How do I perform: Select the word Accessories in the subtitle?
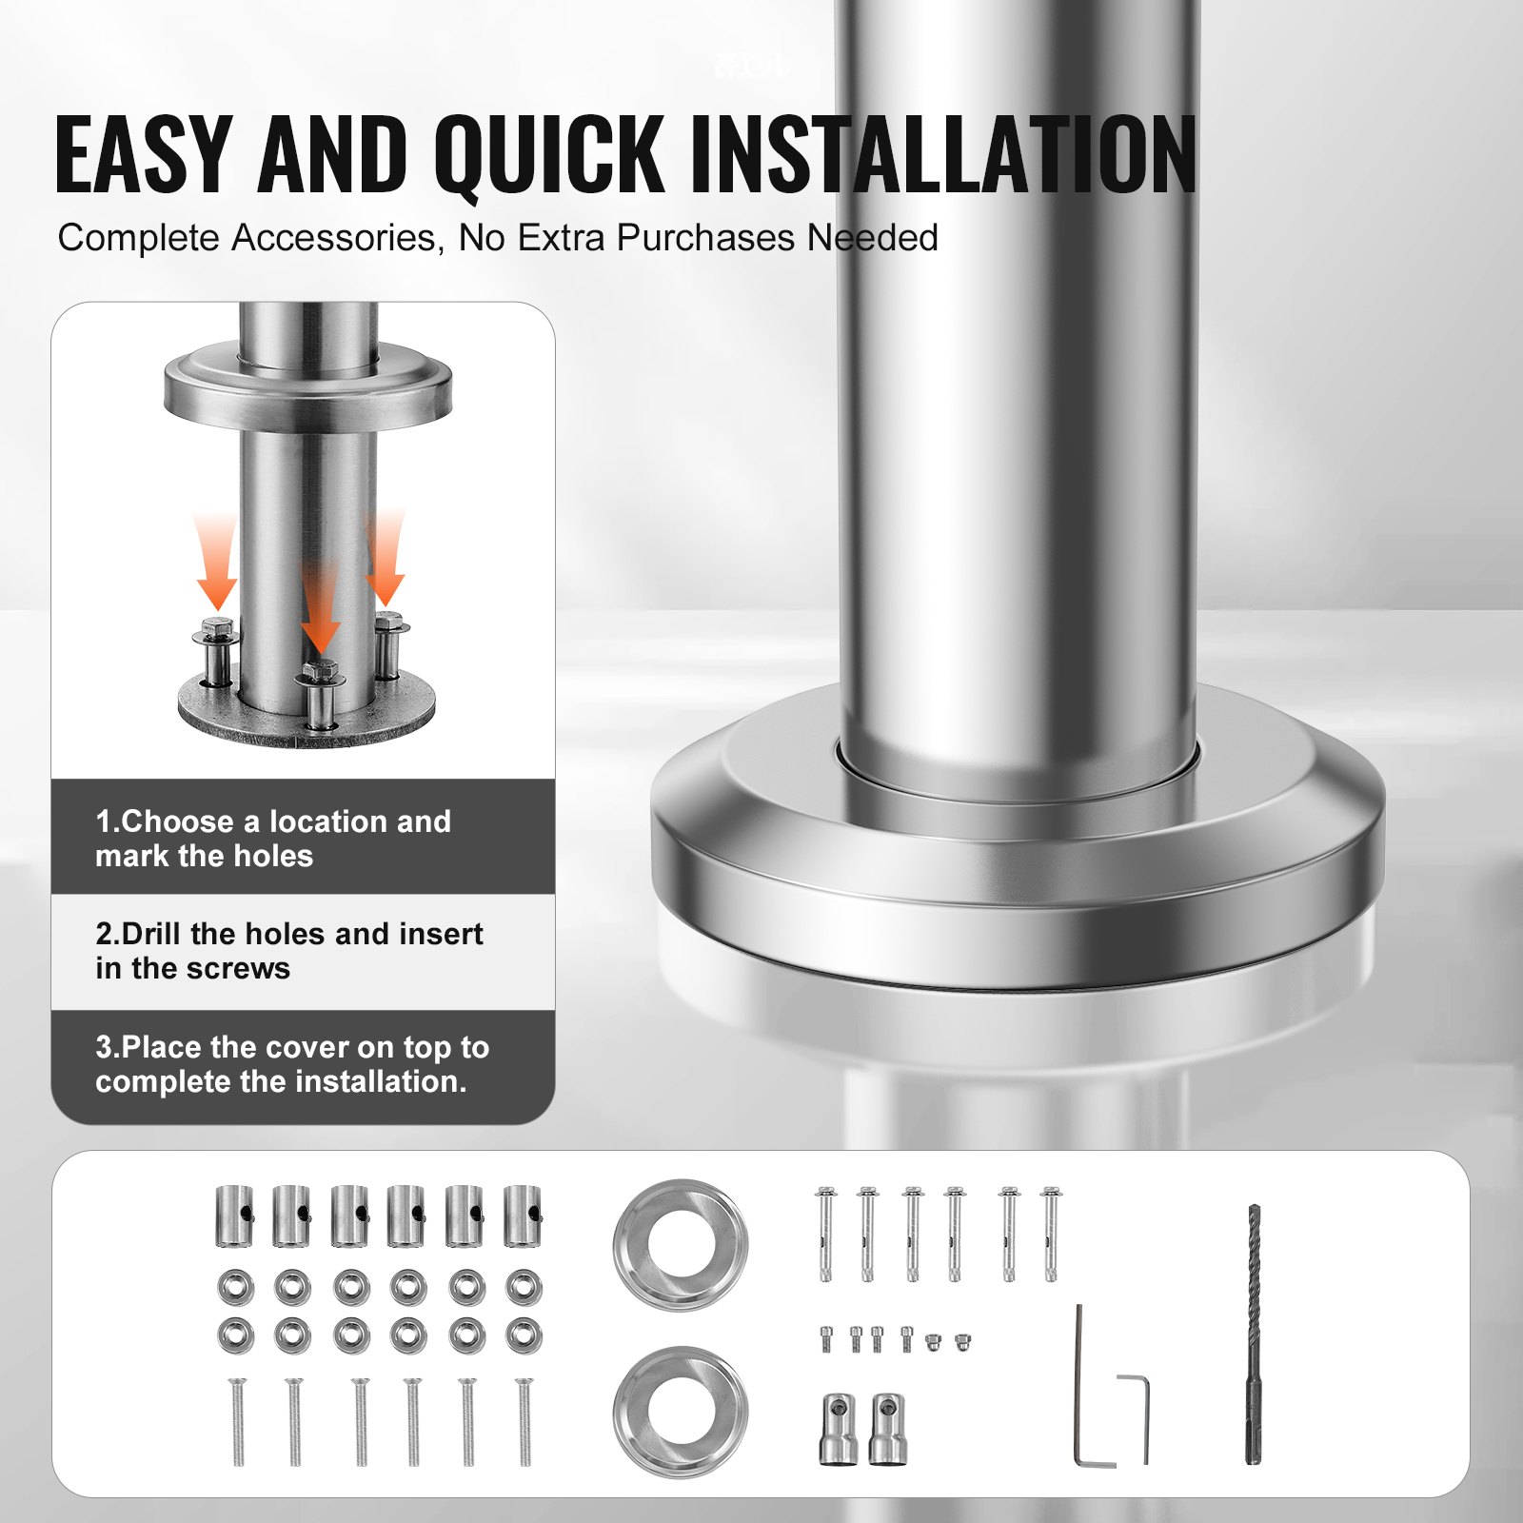(x=337, y=238)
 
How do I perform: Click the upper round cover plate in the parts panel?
(x=680, y=1244)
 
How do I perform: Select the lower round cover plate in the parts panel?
(x=680, y=1411)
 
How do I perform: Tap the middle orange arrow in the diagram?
(x=321, y=609)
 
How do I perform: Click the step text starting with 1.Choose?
(x=272, y=838)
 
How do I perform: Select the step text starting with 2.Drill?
(x=288, y=950)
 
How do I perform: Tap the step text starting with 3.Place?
(x=291, y=1063)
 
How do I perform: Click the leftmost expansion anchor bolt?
(x=825, y=1234)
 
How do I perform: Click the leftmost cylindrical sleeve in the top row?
(x=234, y=1216)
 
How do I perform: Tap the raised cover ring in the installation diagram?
(x=307, y=386)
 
